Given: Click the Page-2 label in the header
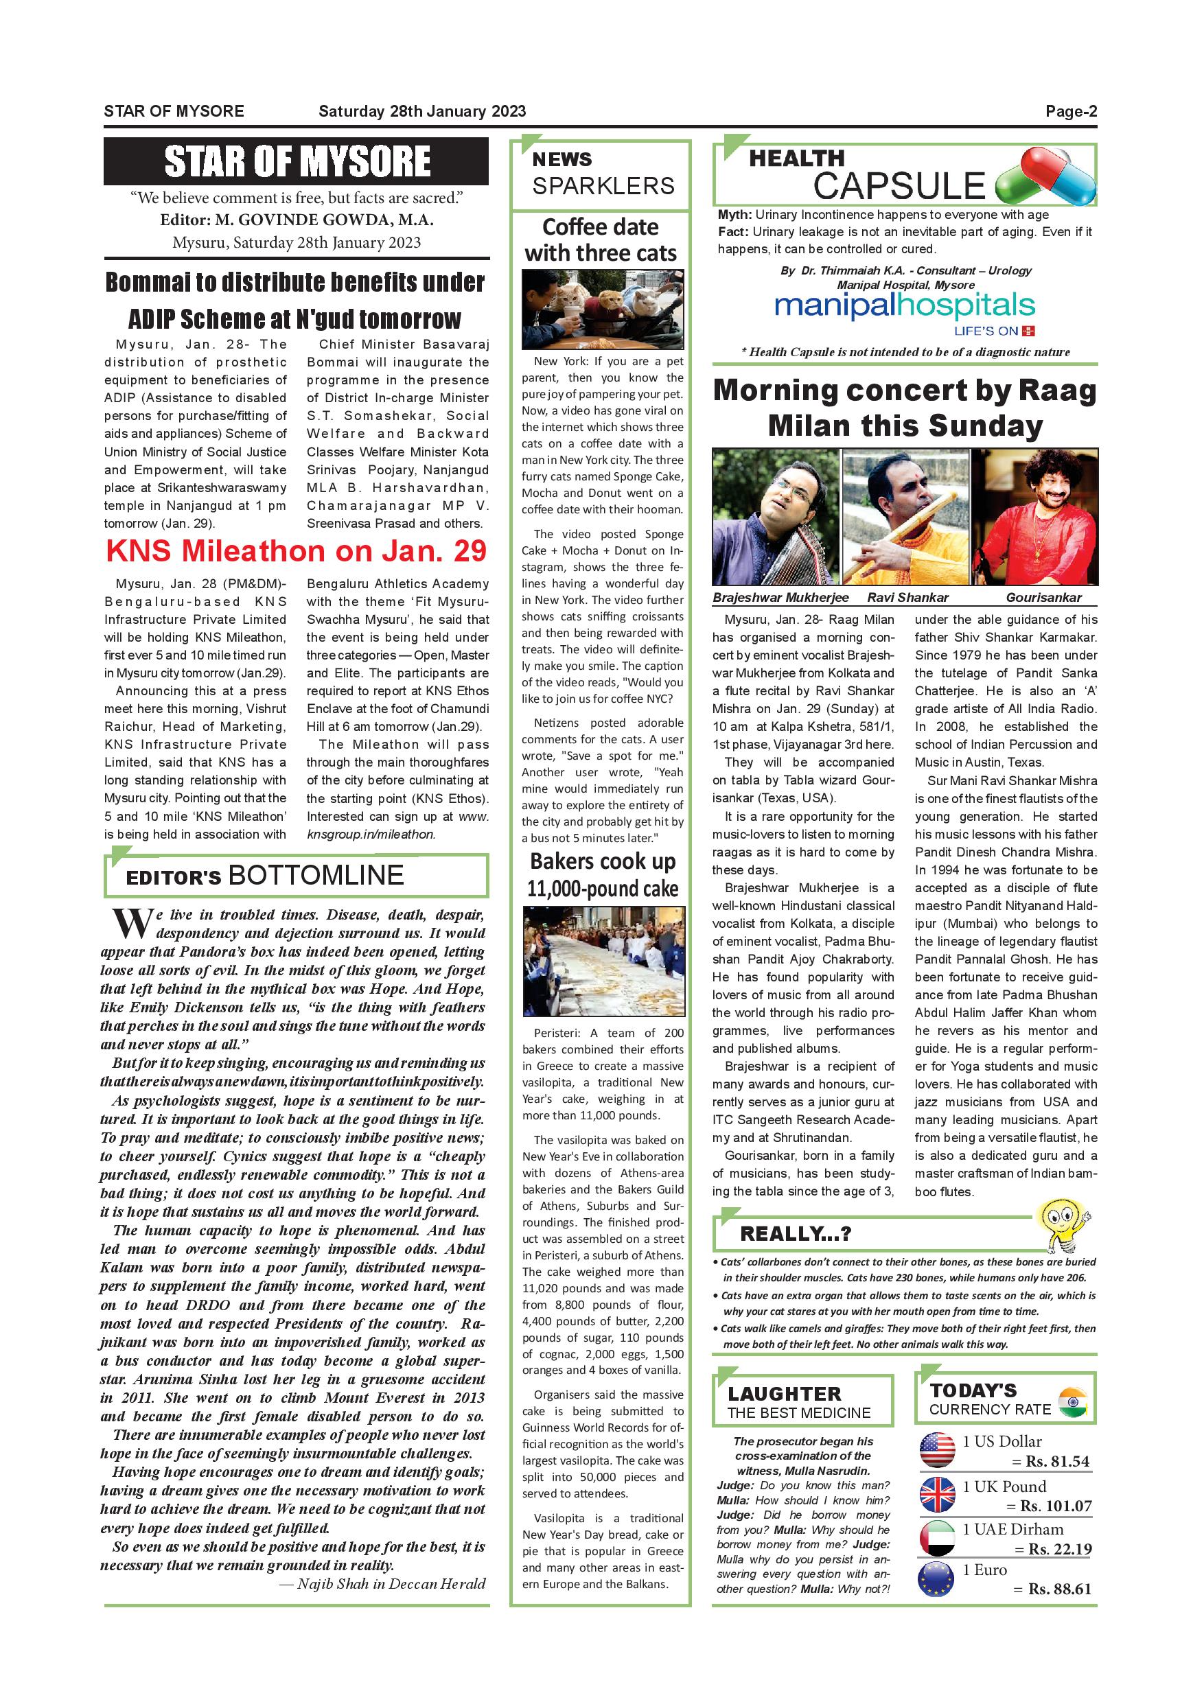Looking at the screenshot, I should (1071, 112).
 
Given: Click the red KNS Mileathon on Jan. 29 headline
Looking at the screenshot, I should (296, 551).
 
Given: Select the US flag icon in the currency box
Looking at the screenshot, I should (937, 1449).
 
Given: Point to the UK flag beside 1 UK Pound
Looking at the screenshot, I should (937, 1495).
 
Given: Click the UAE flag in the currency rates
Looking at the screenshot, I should (937, 1537).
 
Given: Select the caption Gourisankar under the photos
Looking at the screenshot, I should (1043, 598).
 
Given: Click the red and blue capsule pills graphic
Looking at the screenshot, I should (1045, 175).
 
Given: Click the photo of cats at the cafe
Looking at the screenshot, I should (602, 309).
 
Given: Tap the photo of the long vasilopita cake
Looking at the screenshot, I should (603, 961).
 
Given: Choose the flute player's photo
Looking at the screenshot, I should (905, 517).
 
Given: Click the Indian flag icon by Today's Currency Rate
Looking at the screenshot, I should (1073, 1403).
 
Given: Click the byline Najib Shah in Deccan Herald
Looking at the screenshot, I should (382, 1584).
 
